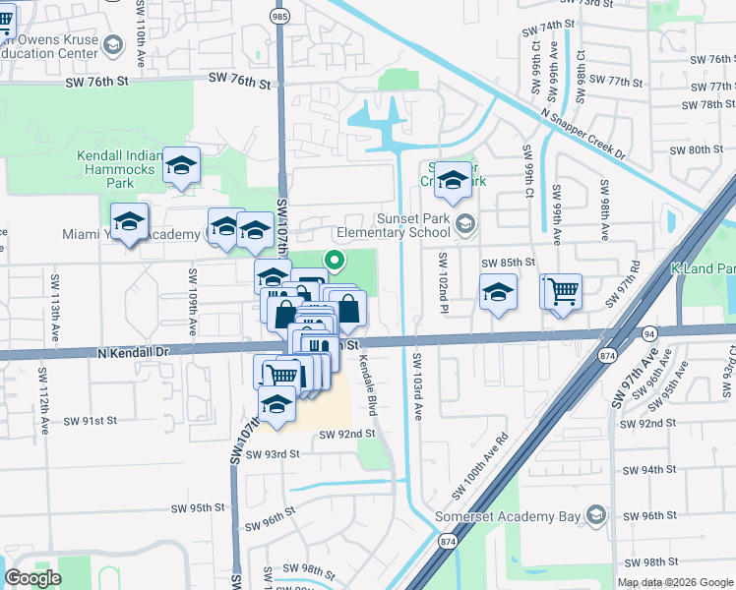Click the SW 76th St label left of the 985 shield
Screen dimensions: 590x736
(x=236, y=84)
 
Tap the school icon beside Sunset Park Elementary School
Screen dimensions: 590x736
(x=463, y=225)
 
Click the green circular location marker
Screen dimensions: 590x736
(x=336, y=261)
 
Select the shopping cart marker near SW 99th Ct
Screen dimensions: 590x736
(x=563, y=290)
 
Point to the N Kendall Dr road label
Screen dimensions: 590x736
(x=133, y=351)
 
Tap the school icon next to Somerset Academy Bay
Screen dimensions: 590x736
(x=594, y=515)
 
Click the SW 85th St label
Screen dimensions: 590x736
(x=508, y=263)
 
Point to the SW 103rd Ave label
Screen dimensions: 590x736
(x=417, y=386)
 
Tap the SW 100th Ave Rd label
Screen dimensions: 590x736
(x=479, y=464)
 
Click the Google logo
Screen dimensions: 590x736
(x=33, y=577)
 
